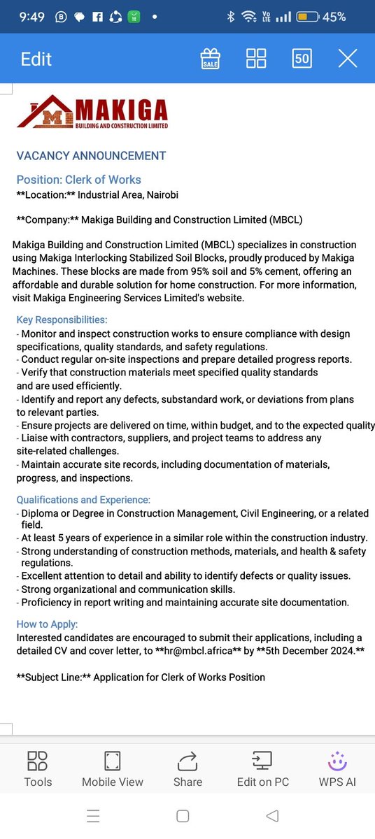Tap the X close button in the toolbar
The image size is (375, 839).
pyautogui.click(x=348, y=58)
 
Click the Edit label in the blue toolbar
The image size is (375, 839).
pyautogui.click(x=36, y=59)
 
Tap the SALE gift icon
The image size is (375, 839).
pyautogui.click(x=210, y=58)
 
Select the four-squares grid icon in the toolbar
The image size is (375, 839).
pyautogui.click(x=256, y=58)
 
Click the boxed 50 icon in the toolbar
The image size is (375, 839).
pyautogui.click(x=302, y=58)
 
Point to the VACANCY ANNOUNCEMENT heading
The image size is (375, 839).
pyautogui.click(x=91, y=156)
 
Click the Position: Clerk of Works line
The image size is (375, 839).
pyautogui.click(x=79, y=180)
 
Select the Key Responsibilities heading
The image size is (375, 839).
pyautogui.click(x=62, y=320)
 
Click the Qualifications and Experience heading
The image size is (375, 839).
pyautogui.click(x=83, y=500)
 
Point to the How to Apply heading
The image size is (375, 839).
pyautogui.click(x=48, y=624)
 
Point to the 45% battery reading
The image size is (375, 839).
pyautogui.click(x=334, y=17)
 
